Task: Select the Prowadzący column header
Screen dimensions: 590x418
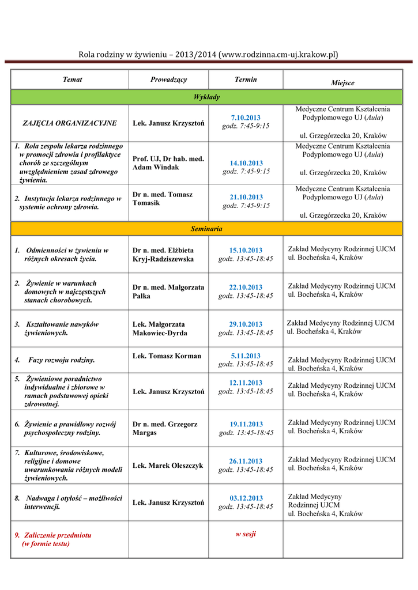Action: [168, 80]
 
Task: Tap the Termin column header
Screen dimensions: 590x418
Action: [246, 80]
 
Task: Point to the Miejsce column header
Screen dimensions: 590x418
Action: [342, 83]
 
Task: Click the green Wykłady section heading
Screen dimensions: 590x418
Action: [206, 97]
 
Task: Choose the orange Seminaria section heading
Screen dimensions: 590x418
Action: [206, 229]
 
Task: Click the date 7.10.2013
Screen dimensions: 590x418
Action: [246, 118]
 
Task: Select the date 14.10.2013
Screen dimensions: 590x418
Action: [246, 163]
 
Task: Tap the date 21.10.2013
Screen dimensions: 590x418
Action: [246, 197]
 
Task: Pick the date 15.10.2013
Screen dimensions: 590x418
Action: [246, 250]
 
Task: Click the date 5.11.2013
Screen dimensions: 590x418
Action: [246, 355]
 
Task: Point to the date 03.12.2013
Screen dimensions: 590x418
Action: [246, 498]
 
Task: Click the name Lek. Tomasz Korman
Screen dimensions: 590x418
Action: [167, 356]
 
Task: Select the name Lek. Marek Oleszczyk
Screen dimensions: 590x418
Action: [168, 466]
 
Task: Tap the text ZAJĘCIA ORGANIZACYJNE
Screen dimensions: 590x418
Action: [70, 123]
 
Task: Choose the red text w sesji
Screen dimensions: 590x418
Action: [246, 534]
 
